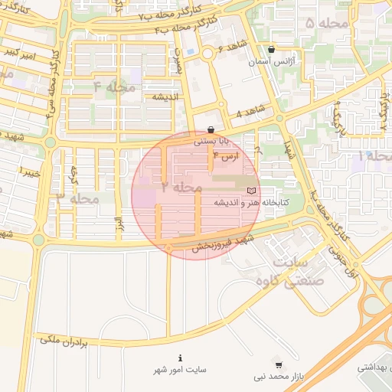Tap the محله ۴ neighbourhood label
tap(114, 87)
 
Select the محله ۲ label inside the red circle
tap(182, 187)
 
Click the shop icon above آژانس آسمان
tap(271, 49)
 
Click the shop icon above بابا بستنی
tap(211, 129)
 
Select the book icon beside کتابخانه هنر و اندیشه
tap(251, 190)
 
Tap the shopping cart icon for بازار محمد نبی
tap(278, 365)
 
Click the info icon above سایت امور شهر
tap(180, 358)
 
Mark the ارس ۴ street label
tap(227, 155)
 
